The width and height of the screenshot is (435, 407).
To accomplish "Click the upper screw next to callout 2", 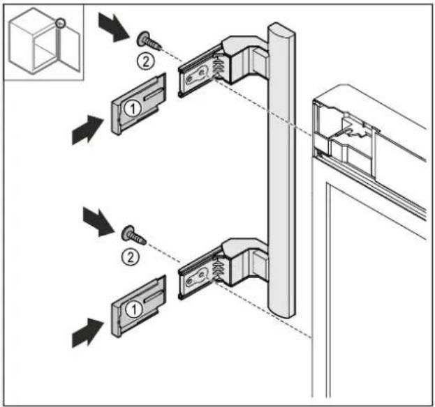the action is [x=148, y=41].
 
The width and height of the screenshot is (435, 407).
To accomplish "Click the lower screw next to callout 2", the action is [x=133, y=236].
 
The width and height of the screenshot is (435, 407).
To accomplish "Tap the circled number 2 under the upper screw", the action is [x=146, y=61].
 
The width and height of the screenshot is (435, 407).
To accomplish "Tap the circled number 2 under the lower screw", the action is [x=130, y=257].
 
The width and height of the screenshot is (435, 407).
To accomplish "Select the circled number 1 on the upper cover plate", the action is [x=133, y=108].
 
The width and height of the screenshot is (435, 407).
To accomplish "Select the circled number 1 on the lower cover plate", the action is [x=133, y=309].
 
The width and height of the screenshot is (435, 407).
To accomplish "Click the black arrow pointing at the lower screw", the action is [x=98, y=222].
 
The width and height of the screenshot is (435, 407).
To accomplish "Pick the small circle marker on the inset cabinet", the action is [x=60, y=23].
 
